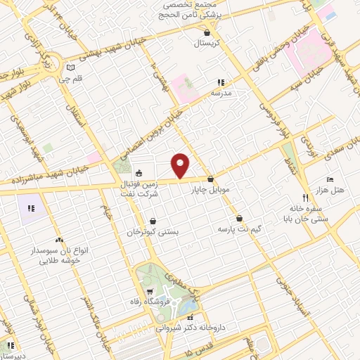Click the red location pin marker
pos(181,166)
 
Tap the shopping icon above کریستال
pos(207,32)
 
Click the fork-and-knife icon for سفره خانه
pos(304,198)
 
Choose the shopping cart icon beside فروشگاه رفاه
pos(149,292)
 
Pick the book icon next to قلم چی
pos(69,68)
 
